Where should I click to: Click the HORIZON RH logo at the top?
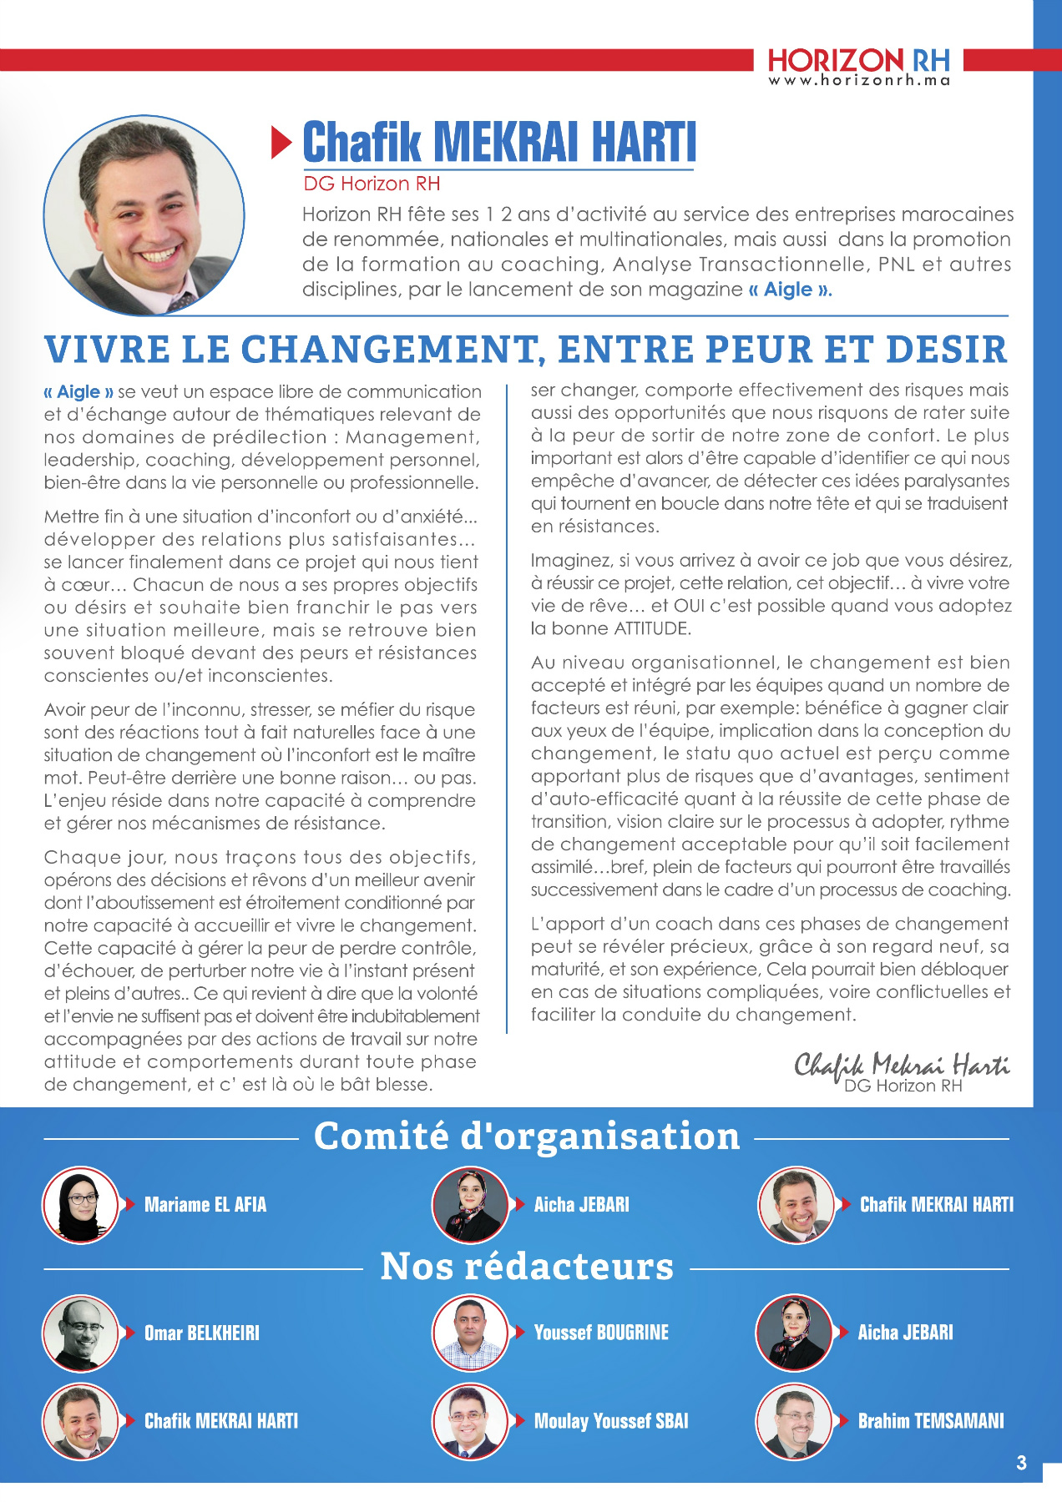point(858,60)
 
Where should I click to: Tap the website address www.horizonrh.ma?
point(858,81)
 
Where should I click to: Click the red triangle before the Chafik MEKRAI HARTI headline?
point(281,143)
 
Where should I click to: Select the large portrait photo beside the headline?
point(144,215)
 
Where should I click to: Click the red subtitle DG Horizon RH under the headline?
point(372,184)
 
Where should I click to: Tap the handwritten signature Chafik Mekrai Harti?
point(901,1066)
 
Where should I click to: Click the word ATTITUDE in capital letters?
point(652,628)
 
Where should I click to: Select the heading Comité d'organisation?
point(527,1137)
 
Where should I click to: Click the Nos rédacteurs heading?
point(527,1267)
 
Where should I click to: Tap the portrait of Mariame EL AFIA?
point(81,1204)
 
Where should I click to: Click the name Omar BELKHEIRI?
point(202,1333)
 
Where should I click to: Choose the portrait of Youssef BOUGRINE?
point(470,1333)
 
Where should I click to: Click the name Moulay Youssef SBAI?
point(611,1421)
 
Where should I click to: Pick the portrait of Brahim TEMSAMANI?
point(794,1421)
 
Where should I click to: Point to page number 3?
point(1022,1463)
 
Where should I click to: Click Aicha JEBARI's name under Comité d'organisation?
point(582,1204)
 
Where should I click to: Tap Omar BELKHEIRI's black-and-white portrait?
point(81,1333)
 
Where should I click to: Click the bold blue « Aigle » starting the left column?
point(79,391)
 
